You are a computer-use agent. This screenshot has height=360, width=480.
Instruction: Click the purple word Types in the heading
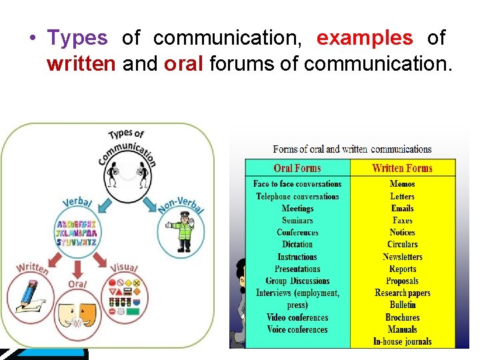click(x=77, y=39)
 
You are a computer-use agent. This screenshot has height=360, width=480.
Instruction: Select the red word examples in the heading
click(x=364, y=39)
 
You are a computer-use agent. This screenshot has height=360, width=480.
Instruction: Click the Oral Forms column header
click(x=297, y=169)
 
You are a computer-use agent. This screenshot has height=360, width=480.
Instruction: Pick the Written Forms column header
click(x=402, y=169)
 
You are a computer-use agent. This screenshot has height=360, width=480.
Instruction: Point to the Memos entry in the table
click(x=402, y=184)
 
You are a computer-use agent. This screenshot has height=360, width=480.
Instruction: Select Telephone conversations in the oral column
click(x=297, y=197)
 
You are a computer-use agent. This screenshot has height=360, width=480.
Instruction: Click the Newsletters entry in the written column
click(x=402, y=257)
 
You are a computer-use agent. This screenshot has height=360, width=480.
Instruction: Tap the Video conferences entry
click(x=297, y=317)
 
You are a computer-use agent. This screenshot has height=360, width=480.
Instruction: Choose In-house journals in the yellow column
click(x=402, y=341)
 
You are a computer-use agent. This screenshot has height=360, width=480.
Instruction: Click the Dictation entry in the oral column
click(x=297, y=245)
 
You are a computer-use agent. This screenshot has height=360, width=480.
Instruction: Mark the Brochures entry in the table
click(x=402, y=317)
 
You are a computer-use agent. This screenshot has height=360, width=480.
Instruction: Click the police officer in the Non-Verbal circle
click(x=181, y=229)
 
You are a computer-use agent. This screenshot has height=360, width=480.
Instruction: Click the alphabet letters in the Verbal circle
click(x=77, y=233)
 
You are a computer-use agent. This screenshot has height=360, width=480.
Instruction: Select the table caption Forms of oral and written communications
click(x=352, y=149)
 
